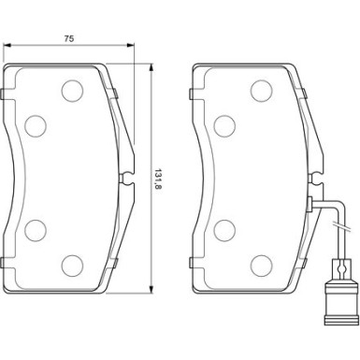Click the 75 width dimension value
tap(69, 38)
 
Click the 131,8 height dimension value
tap(158, 180)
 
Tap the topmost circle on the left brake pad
tap(72, 91)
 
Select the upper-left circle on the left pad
tap(36, 126)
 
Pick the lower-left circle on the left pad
tap(36, 230)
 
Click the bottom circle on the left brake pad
tap(72, 266)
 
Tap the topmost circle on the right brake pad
tap(262, 91)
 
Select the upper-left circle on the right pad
tap(224, 126)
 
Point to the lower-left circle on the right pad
tap(224, 230)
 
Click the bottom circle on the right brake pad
tap(262, 266)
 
